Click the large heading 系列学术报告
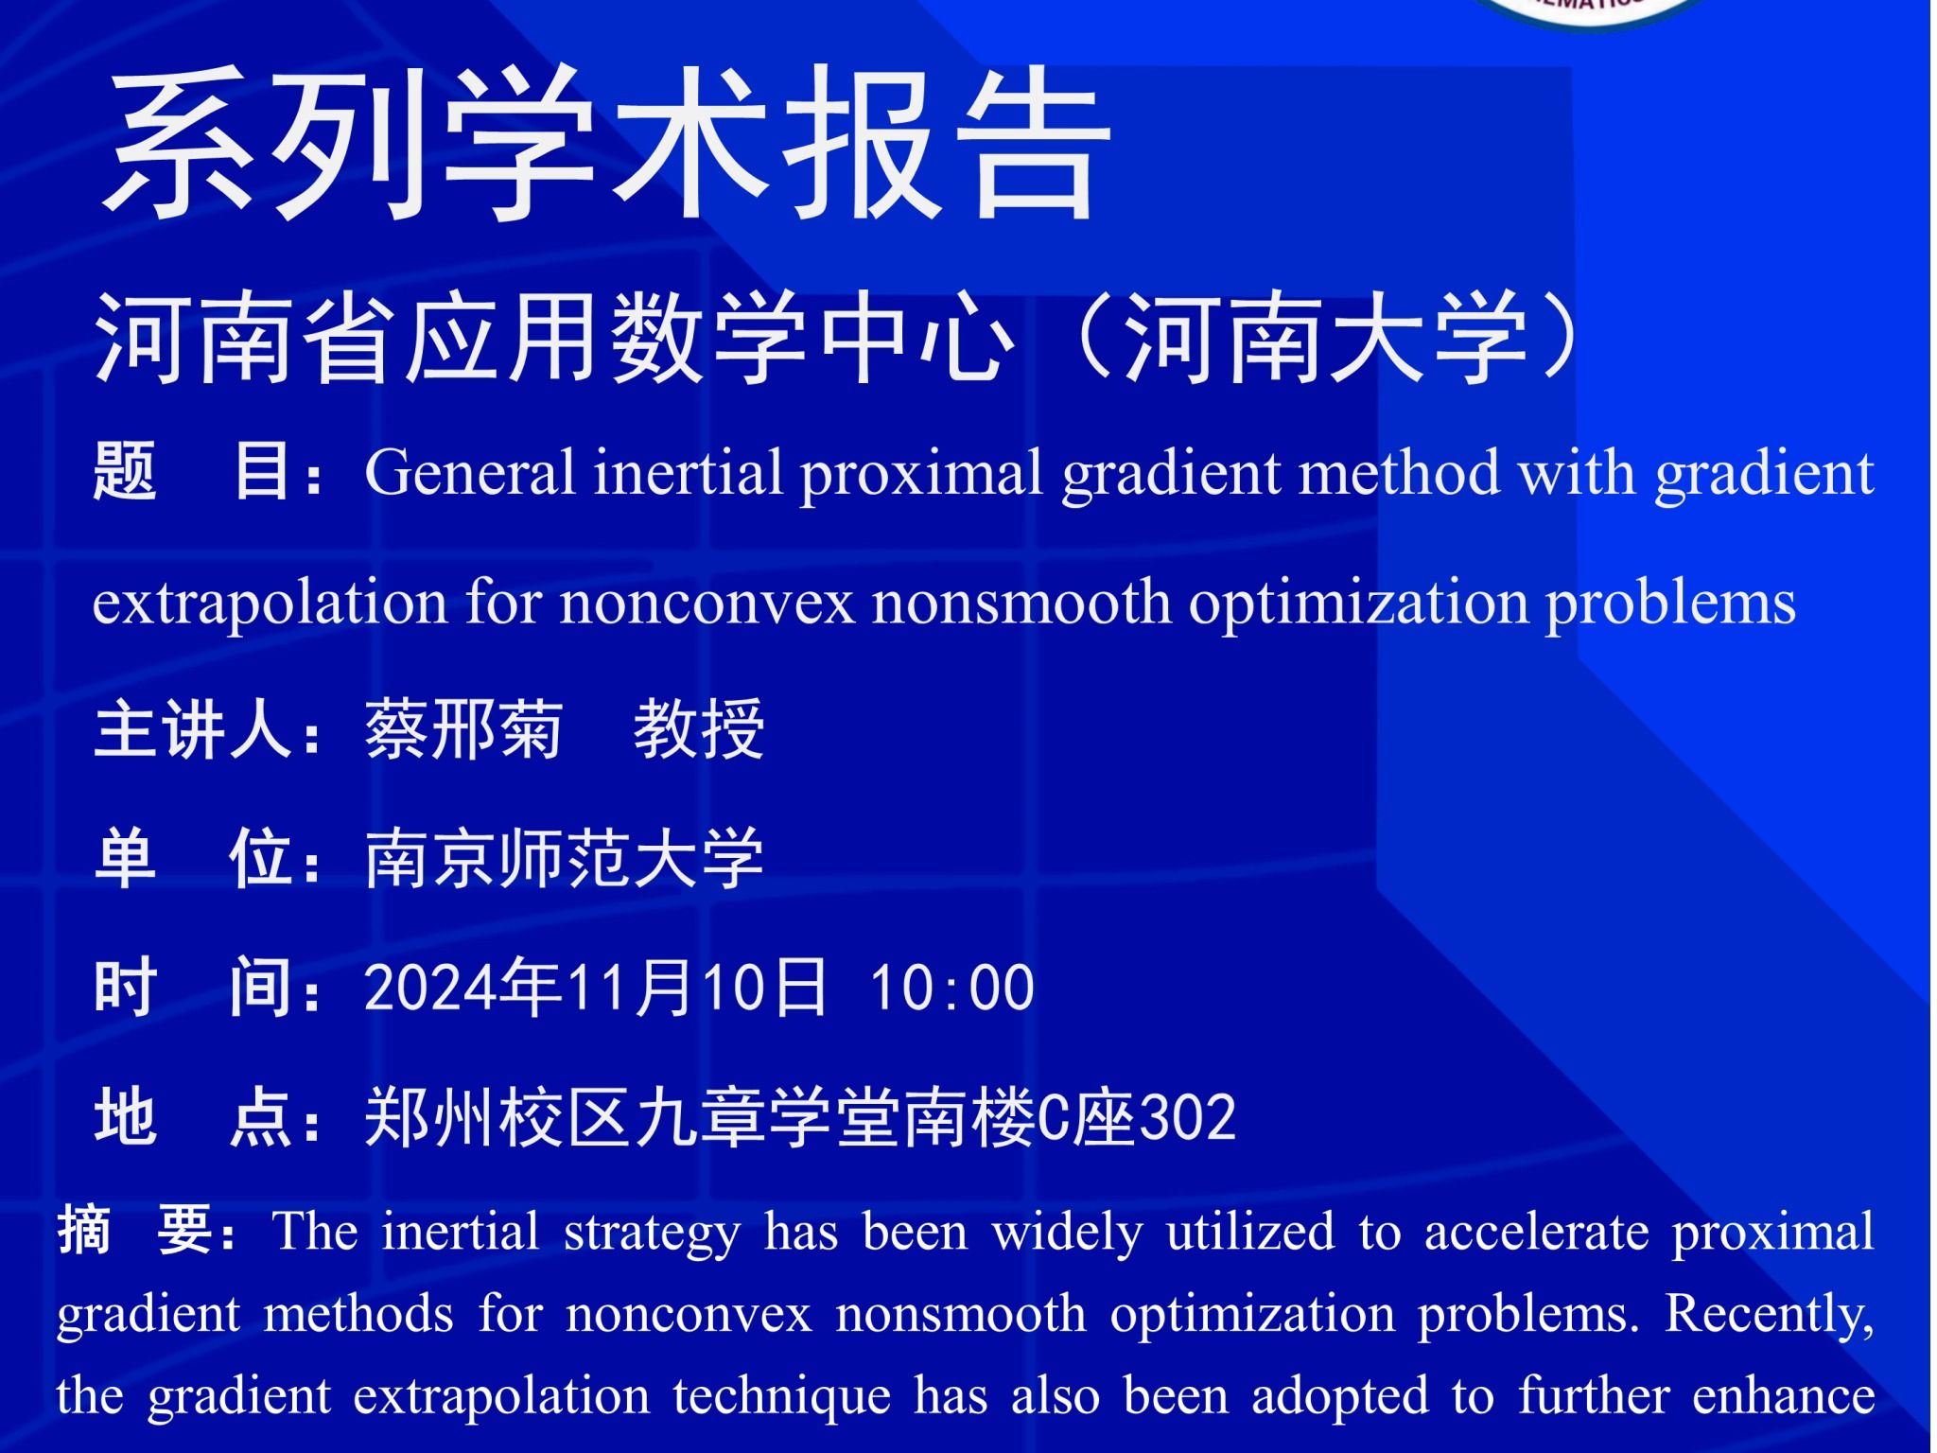pos(606,145)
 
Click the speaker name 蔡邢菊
pos(463,729)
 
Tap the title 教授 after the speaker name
pos(699,729)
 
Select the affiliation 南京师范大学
pos(564,859)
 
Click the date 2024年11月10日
pos(596,988)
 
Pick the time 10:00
pos(951,989)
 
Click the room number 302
pos(1188,1118)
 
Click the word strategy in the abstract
pos(653,1234)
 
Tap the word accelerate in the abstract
pos(1536,1232)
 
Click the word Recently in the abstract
pos(1769,1316)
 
